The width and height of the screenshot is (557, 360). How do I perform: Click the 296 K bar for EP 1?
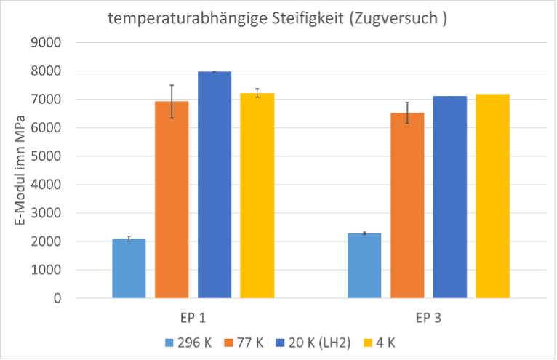click(x=129, y=268)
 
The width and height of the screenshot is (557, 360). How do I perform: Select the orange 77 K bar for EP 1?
click(x=172, y=200)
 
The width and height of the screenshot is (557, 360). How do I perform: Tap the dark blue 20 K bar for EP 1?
click(x=215, y=185)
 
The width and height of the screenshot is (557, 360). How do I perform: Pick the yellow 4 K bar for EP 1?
click(x=257, y=196)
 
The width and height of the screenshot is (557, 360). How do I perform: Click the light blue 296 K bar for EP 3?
click(x=364, y=265)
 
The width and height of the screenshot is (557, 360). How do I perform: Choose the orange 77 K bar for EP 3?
click(x=407, y=205)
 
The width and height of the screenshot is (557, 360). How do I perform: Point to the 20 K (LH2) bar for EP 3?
click(x=449, y=197)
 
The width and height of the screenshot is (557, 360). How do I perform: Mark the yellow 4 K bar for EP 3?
click(x=493, y=196)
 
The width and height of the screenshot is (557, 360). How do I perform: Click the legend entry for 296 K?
click(x=188, y=343)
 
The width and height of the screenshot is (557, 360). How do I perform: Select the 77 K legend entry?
click(x=244, y=343)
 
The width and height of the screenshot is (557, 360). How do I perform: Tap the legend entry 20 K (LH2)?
click(x=313, y=343)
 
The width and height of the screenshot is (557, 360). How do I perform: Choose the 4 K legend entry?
click(x=379, y=343)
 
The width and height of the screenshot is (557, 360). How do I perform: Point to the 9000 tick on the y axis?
click(x=47, y=43)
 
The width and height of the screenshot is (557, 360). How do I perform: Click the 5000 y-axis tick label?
click(x=47, y=156)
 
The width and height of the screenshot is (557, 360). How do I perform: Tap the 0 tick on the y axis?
click(x=57, y=298)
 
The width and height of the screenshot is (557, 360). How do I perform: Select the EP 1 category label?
click(x=193, y=318)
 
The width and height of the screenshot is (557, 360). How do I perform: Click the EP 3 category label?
click(x=428, y=318)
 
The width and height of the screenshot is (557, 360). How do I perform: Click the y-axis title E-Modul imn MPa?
click(x=20, y=170)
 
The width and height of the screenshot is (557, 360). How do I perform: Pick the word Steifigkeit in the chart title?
click(x=308, y=18)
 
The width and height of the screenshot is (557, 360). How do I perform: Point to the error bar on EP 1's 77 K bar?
click(x=172, y=101)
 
